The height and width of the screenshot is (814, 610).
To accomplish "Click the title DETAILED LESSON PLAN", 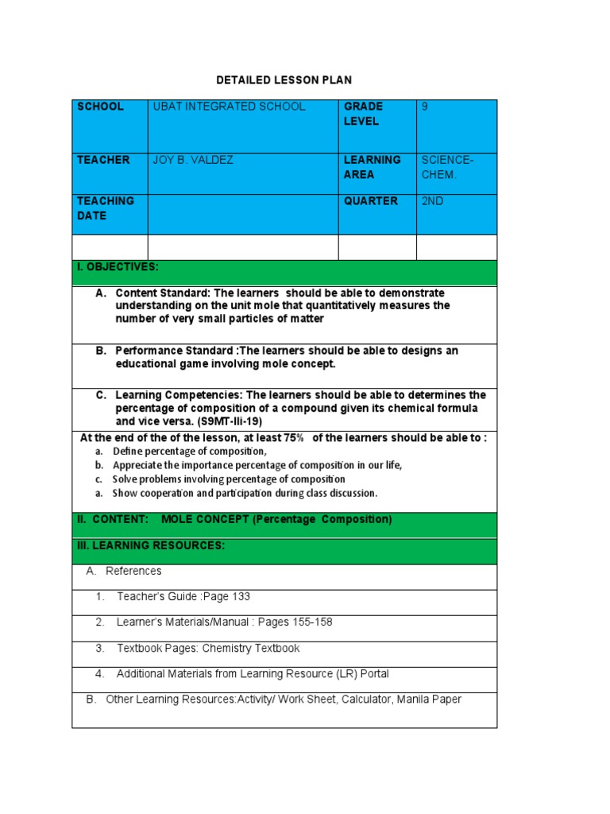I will (284, 80).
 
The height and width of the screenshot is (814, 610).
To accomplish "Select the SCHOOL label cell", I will (100, 107).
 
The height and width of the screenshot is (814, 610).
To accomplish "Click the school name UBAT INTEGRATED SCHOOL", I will (229, 107).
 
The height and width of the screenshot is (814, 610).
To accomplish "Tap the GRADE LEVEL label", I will (362, 114).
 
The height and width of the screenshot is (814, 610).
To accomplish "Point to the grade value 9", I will (425, 107).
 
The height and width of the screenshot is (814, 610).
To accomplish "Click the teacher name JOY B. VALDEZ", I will (193, 161).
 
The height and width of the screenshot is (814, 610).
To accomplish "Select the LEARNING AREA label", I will (372, 167).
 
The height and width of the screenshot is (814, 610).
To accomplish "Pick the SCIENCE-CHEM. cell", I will (447, 167).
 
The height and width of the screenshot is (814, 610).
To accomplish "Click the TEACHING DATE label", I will (105, 208).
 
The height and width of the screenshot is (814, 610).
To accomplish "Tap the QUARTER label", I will (370, 201).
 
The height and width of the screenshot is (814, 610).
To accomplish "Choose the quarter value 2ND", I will (432, 201).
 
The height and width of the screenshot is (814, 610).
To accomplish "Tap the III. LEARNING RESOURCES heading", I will (151, 545).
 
